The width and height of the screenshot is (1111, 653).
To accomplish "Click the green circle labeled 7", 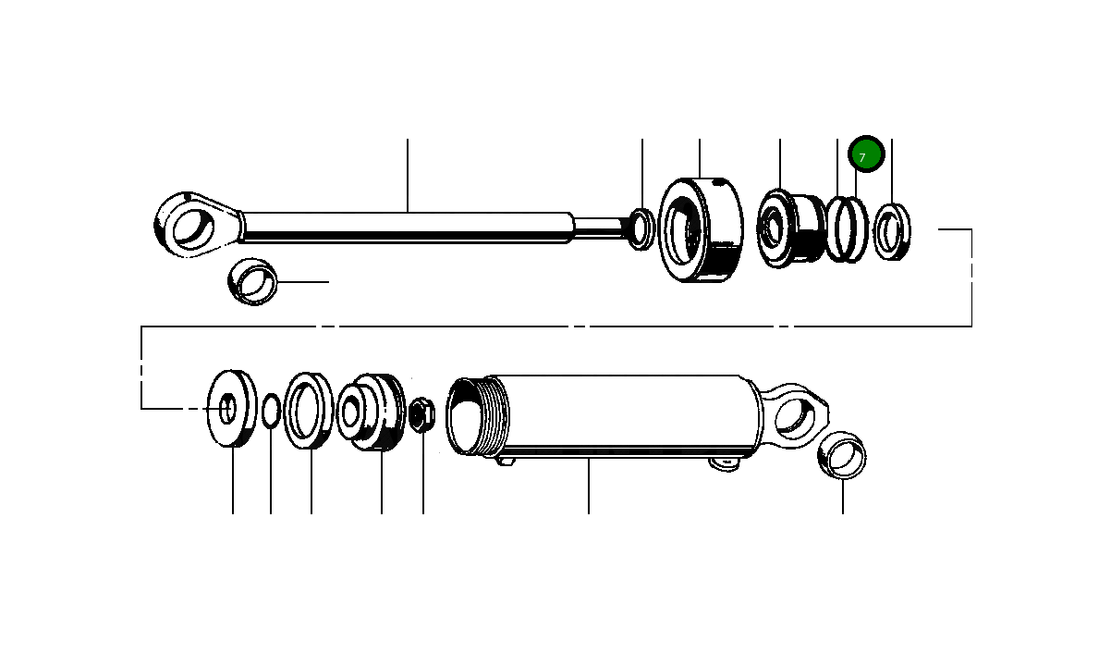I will coord(867,156).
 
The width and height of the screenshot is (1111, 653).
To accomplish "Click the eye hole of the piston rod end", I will coord(195,227).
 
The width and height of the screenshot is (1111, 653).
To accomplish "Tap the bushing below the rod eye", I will coord(252,282).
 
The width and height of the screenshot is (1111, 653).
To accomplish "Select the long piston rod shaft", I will coord(407,228).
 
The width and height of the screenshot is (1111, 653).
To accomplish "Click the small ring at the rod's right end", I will coord(641,228).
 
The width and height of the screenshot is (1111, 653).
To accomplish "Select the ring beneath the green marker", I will coord(846,229).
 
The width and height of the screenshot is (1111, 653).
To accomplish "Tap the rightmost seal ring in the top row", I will coord(892,231).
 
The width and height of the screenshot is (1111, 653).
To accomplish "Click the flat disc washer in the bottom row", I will coord(232,408).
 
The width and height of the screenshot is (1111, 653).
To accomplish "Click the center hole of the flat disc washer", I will coord(227,406).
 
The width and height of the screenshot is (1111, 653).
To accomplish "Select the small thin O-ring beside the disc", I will coord(270,411).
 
